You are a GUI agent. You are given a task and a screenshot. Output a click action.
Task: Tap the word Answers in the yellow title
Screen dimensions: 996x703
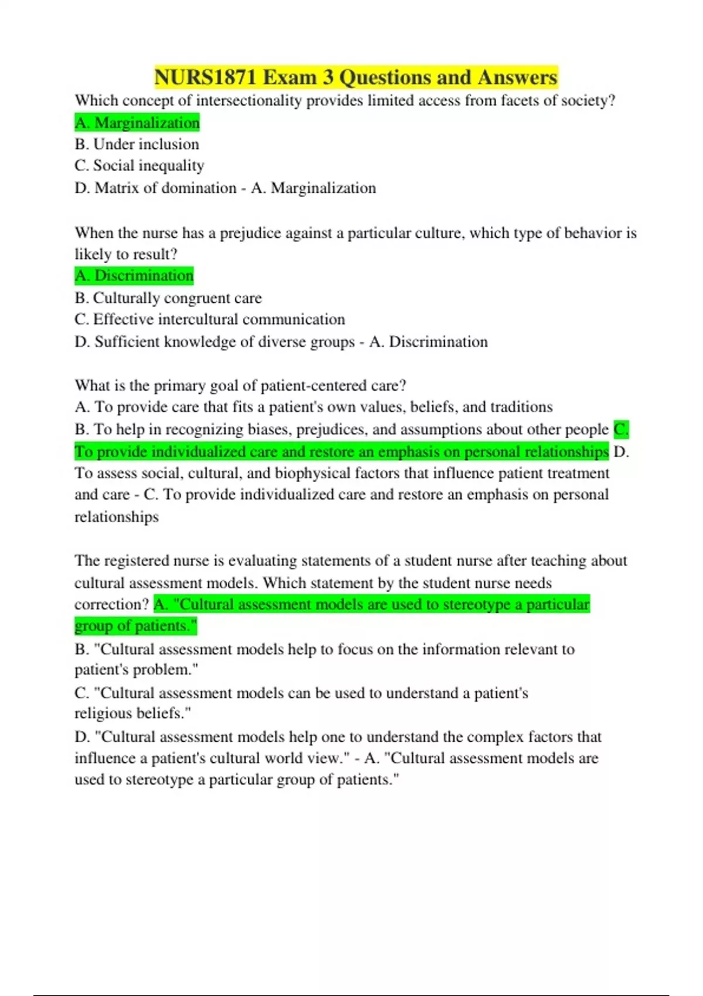pyautogui.click(x=517, y=77)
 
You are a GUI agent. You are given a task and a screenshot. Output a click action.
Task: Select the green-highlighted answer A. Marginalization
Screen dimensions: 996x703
pyautogui.click(x=137, y=123)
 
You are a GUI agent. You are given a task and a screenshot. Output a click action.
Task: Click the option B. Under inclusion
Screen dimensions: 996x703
pyautogui.click(x=137, y=144)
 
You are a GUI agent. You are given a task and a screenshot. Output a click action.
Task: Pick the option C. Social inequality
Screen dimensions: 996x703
pyautogui.click(x=139, y=166)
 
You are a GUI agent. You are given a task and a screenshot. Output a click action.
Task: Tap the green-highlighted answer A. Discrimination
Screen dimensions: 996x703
pyautogui.click(x=134, y=275)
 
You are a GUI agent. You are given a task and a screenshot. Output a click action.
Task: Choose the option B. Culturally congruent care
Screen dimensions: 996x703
pyautogui.click(x=168, y=298)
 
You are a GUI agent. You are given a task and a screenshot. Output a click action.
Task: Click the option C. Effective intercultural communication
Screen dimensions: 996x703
pyautogui.click(x=210, y=319)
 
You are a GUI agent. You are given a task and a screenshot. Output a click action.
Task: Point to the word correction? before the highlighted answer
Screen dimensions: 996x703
pyautogui.click(x=112, y=605)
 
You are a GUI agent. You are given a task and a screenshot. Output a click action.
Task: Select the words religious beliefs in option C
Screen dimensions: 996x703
pyautogui.click(x=132, y=714)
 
